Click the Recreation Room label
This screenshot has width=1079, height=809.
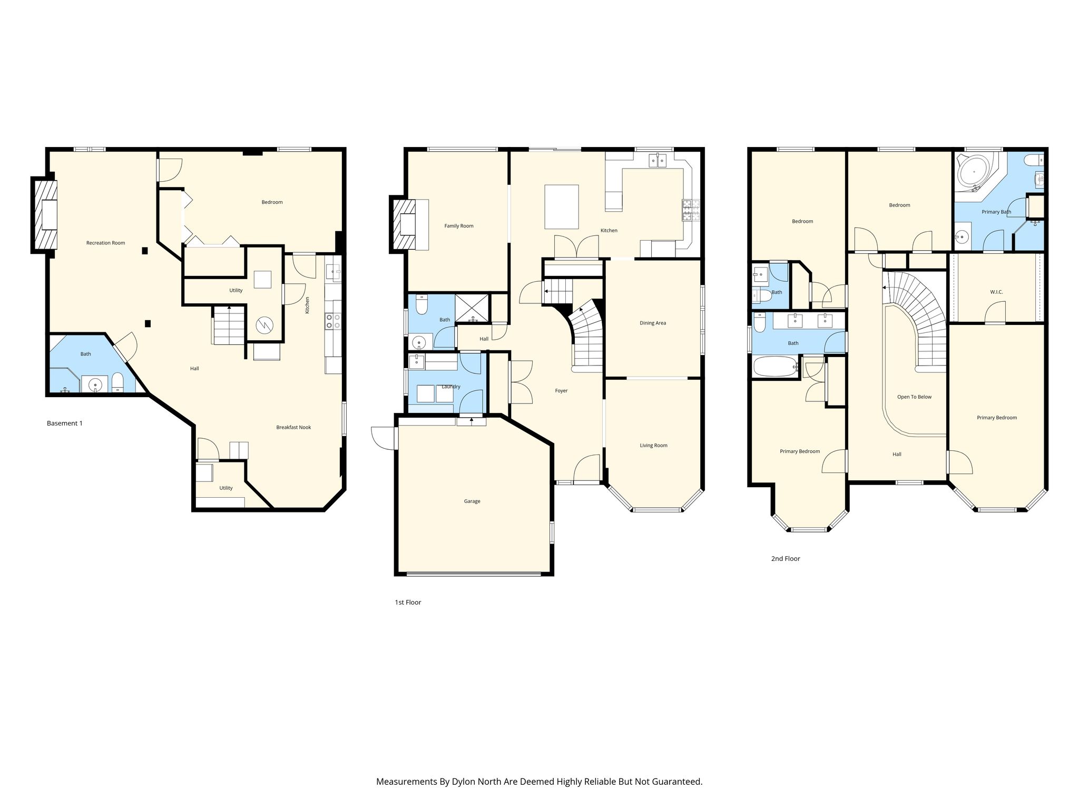click(105, 243)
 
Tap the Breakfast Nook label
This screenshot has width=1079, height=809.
click(293, 427)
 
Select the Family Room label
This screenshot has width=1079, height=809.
click(459, 226)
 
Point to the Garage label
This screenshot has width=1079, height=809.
click(472, 501)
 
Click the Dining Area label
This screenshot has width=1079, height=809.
click(653, 323)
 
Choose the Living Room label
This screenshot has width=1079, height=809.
click(653, 446)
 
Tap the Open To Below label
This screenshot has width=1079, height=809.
click(914, 397)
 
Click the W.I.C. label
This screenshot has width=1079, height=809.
click(996, 292)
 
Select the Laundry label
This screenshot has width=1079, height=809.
click(451, 387)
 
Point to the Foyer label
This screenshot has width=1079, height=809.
click(561, 391)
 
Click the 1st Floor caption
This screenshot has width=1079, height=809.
click(408, 603)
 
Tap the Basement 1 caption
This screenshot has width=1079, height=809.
click(65, 423)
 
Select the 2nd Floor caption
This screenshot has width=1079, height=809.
click(786, 559)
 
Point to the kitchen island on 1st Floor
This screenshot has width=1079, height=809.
click(562, 206)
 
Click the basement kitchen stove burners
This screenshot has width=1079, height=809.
click(333, 321)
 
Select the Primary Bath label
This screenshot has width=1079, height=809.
click(996, 212)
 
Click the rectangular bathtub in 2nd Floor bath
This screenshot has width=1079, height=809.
click(775, 367)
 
